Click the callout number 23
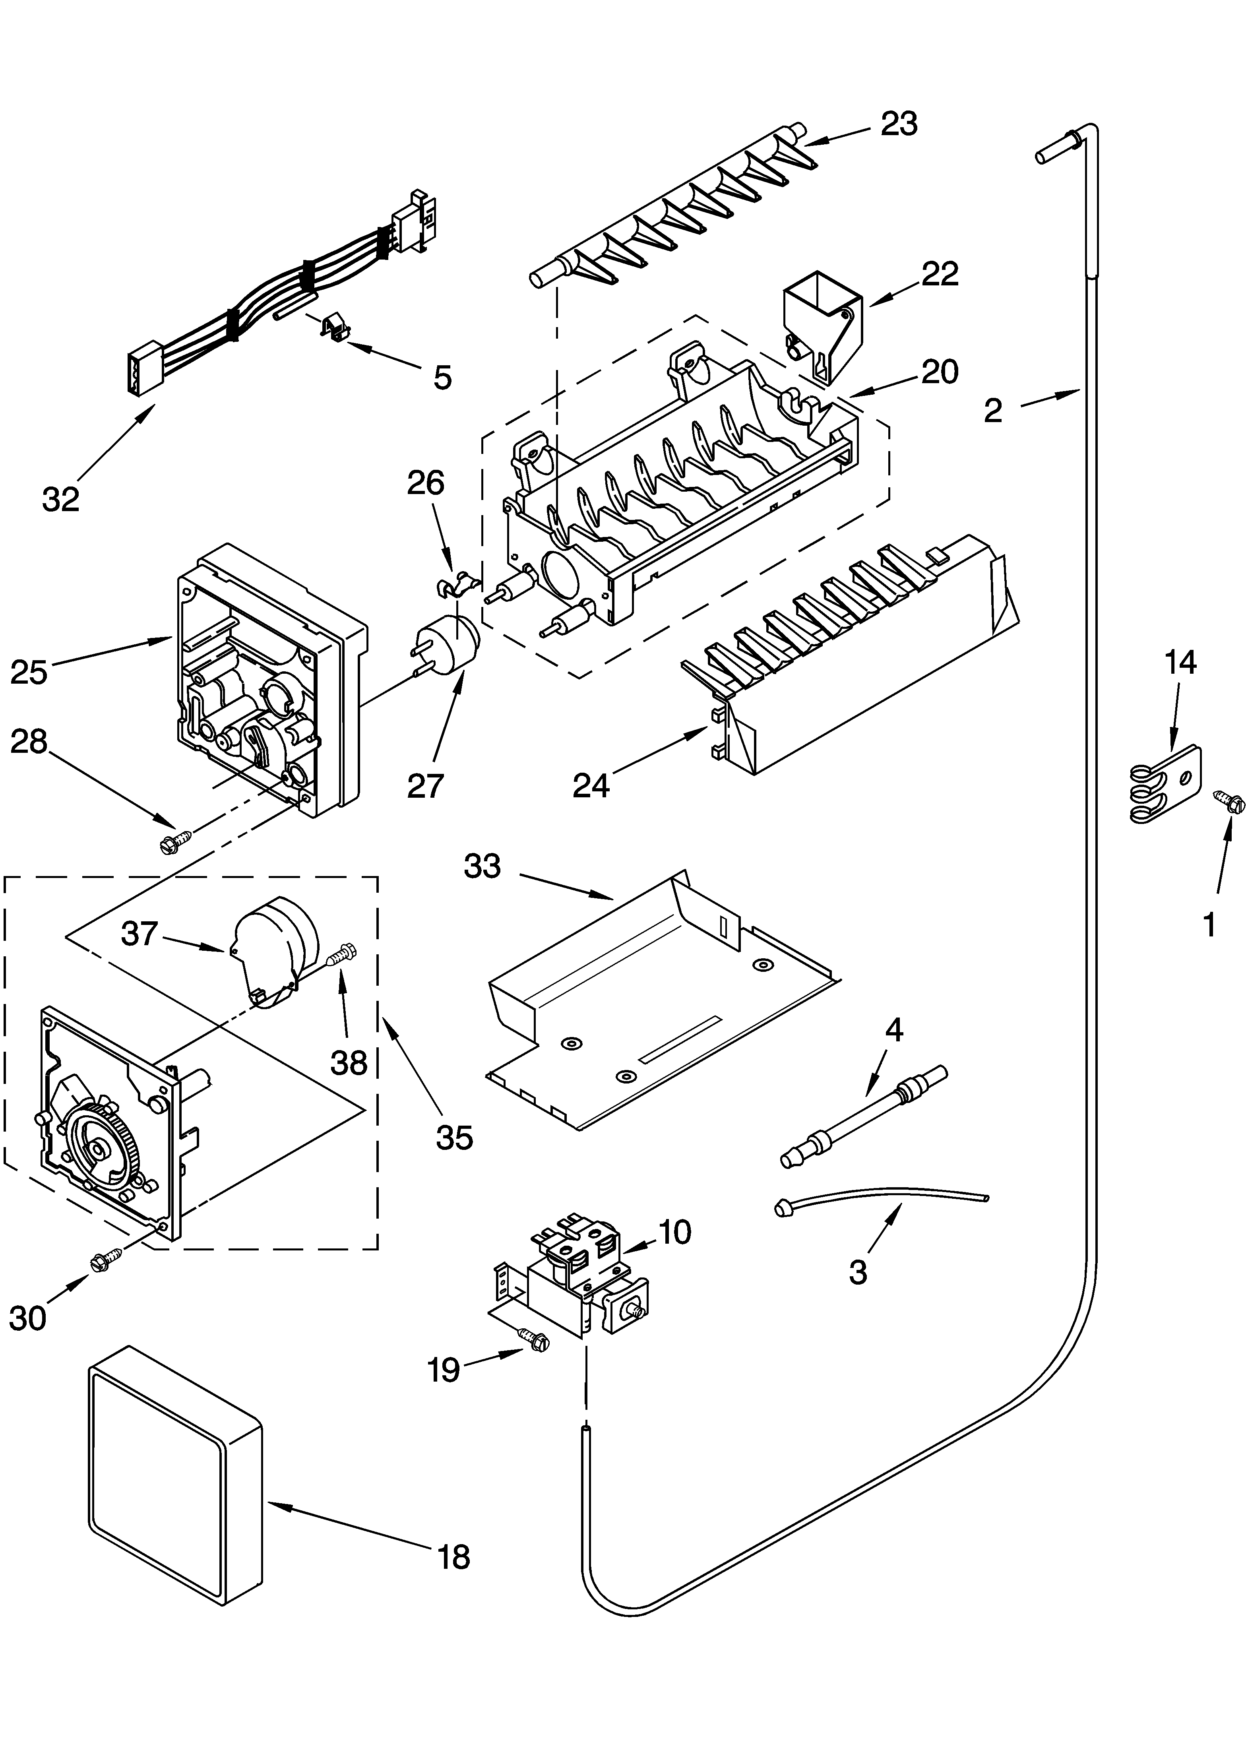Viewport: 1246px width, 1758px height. coord(899,124)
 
